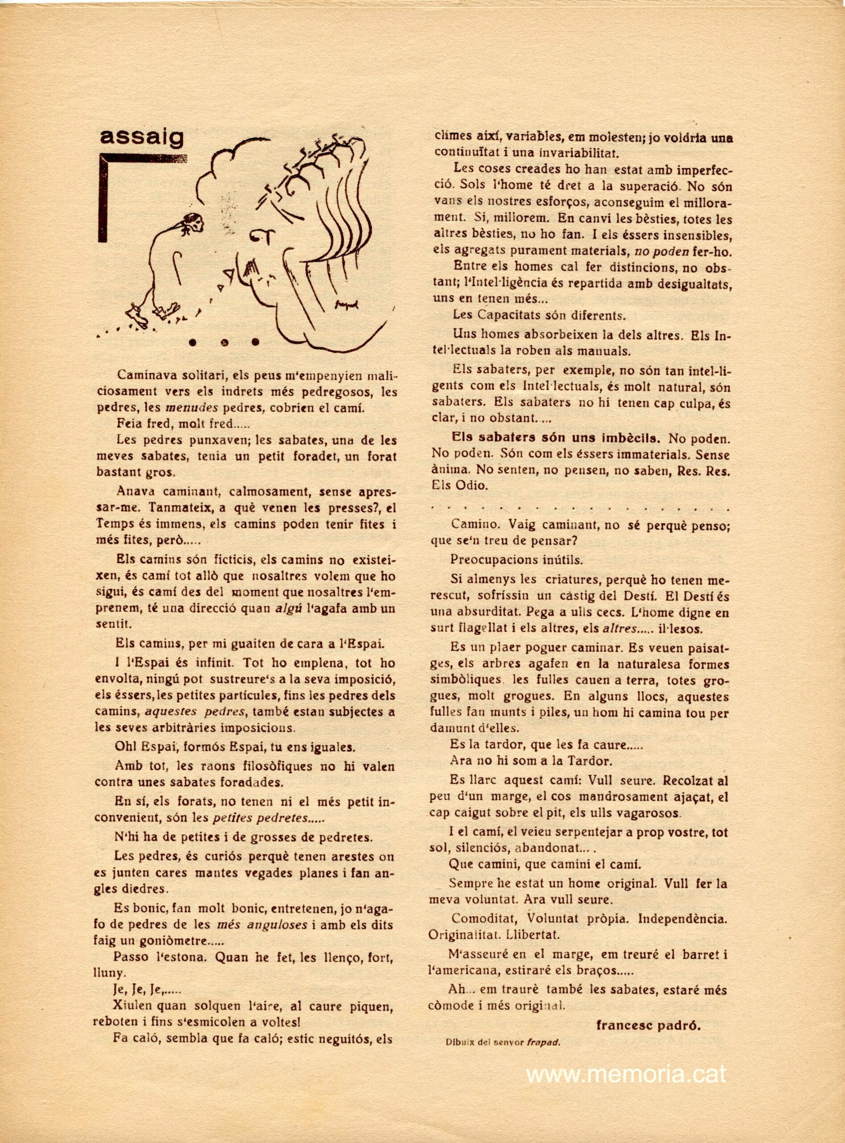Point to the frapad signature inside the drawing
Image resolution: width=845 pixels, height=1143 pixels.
pos(347,304)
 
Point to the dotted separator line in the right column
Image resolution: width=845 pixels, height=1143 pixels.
pos(580,509)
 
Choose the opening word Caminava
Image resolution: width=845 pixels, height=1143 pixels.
pos(147,375)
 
